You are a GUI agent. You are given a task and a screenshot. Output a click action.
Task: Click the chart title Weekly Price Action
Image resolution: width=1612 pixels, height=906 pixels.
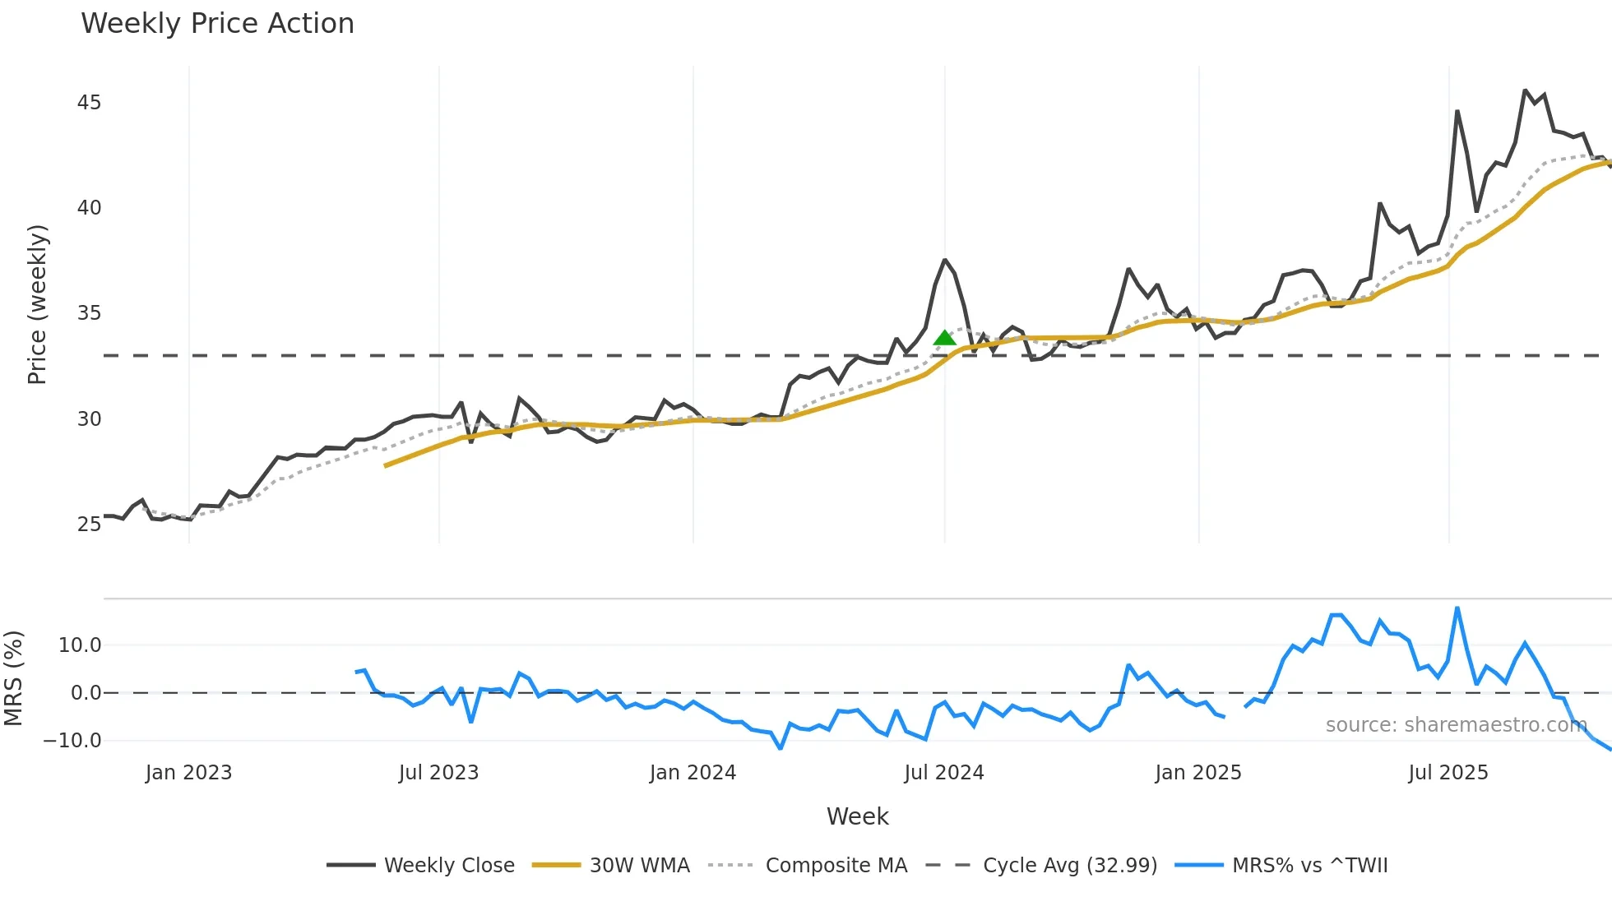click(217, 24)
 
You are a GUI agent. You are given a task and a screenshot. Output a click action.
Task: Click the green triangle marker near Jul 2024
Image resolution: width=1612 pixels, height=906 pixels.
click(945, 338)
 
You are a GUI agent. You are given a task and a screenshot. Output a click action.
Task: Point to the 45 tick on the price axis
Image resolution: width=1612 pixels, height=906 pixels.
click(89, 103)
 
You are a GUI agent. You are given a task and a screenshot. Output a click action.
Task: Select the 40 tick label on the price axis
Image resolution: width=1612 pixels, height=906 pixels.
click(89, 208)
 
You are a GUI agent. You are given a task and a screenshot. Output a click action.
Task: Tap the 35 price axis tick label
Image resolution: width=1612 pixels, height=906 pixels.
click(89, 313)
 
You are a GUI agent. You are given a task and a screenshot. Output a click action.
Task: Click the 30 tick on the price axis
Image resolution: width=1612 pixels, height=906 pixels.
click(89, 419)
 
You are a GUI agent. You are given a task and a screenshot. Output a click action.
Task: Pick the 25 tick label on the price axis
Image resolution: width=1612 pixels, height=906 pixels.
click(89, 525)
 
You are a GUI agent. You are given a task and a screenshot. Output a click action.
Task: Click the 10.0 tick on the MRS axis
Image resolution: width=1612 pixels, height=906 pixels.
click(80, 645)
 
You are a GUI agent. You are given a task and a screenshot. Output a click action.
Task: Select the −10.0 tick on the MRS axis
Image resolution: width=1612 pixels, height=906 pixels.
click(72, 741)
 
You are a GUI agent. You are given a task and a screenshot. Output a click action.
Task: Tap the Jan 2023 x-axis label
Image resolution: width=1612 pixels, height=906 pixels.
click(188, 773)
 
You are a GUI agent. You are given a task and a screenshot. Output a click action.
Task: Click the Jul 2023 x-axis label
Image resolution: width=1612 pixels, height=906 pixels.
click(438, 773)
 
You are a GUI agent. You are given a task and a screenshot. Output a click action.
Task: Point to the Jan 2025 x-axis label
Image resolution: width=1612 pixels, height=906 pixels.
click(1197, 773)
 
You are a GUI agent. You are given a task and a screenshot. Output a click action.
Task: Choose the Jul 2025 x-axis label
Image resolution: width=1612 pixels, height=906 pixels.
click(1448, 773)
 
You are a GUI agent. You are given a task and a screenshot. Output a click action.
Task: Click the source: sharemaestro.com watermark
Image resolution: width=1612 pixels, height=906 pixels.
click(1456, 725)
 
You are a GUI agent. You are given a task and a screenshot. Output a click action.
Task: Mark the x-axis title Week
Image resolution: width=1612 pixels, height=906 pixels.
click(857, 816)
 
